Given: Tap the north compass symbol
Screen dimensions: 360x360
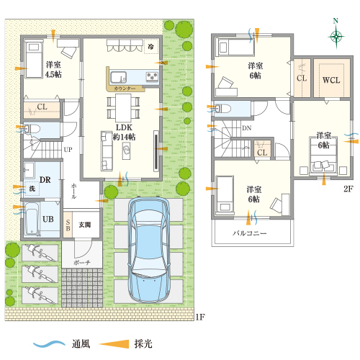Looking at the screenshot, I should (336, 36).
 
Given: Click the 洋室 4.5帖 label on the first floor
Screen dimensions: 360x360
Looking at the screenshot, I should (53, 69).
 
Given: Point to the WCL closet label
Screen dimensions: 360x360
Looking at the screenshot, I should (330, 80).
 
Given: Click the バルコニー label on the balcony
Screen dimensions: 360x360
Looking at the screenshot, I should (250, 233).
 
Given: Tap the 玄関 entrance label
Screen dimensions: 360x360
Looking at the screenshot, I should (84, 225).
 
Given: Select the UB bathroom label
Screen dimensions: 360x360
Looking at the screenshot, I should (48, 218).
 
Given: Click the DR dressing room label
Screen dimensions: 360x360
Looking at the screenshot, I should (44, 179).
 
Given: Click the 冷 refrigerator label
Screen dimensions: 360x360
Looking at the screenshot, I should (151, 46).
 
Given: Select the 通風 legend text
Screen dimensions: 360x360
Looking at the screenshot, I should (81, 343).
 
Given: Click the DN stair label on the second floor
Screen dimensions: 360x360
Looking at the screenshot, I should (246, 129).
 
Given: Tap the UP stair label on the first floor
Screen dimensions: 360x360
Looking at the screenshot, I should (68, 149).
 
